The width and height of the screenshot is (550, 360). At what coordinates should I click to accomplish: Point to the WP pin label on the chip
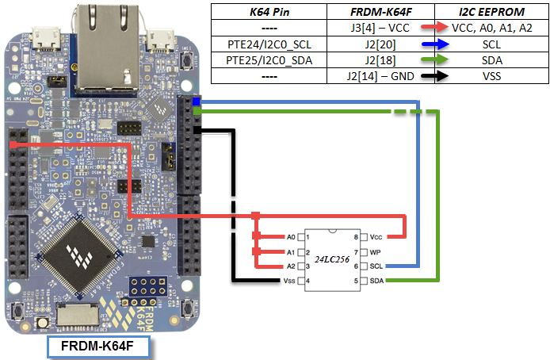coord(376,251)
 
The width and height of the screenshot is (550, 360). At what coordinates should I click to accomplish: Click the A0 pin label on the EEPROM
coord(290,237)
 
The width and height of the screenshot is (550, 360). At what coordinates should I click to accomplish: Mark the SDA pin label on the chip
coord(376,281)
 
